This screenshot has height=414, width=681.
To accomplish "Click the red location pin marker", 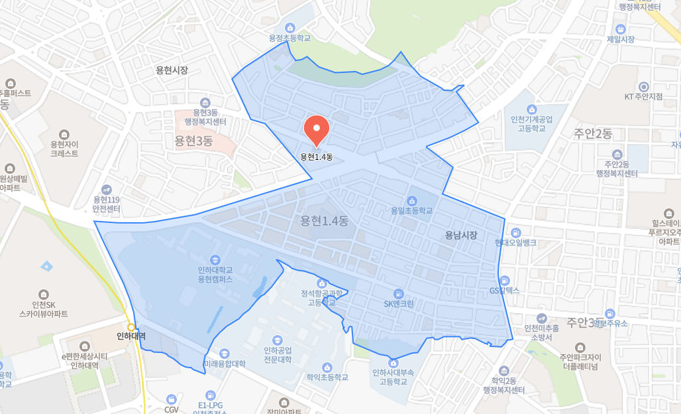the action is pos(317,131).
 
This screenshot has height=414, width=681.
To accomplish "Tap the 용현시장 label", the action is pos(172,70).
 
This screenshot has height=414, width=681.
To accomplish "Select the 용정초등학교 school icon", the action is pos(289,27).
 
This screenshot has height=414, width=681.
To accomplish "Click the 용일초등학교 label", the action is pos(411,210).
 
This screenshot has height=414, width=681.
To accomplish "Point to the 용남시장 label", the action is pos(461,235).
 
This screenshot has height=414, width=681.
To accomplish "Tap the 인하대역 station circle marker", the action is pos(132,327).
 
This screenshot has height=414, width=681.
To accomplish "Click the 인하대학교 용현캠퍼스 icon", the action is pos(215,259).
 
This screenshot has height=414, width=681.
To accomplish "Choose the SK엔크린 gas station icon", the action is pos(399,293).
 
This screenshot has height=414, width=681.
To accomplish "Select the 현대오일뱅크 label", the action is pos(515,242).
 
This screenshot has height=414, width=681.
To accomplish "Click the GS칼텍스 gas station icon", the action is pos(505,280).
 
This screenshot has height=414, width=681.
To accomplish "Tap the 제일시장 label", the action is pos(620,39).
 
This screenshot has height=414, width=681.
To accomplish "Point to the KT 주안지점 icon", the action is pos(643,87).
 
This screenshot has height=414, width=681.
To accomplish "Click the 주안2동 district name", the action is pos(593,134).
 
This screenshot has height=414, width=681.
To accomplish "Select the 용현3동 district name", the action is pos(193,141).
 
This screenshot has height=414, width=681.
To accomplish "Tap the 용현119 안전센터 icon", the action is pos(106,189).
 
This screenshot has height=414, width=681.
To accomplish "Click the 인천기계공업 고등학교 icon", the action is pos(531,109).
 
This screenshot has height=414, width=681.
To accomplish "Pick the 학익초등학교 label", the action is pos(327,377).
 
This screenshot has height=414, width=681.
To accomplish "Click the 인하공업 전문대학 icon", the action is pos(278,340).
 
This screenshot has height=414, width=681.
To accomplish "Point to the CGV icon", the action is pos(172,399).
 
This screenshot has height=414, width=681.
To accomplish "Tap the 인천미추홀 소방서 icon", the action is pos(541,318).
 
